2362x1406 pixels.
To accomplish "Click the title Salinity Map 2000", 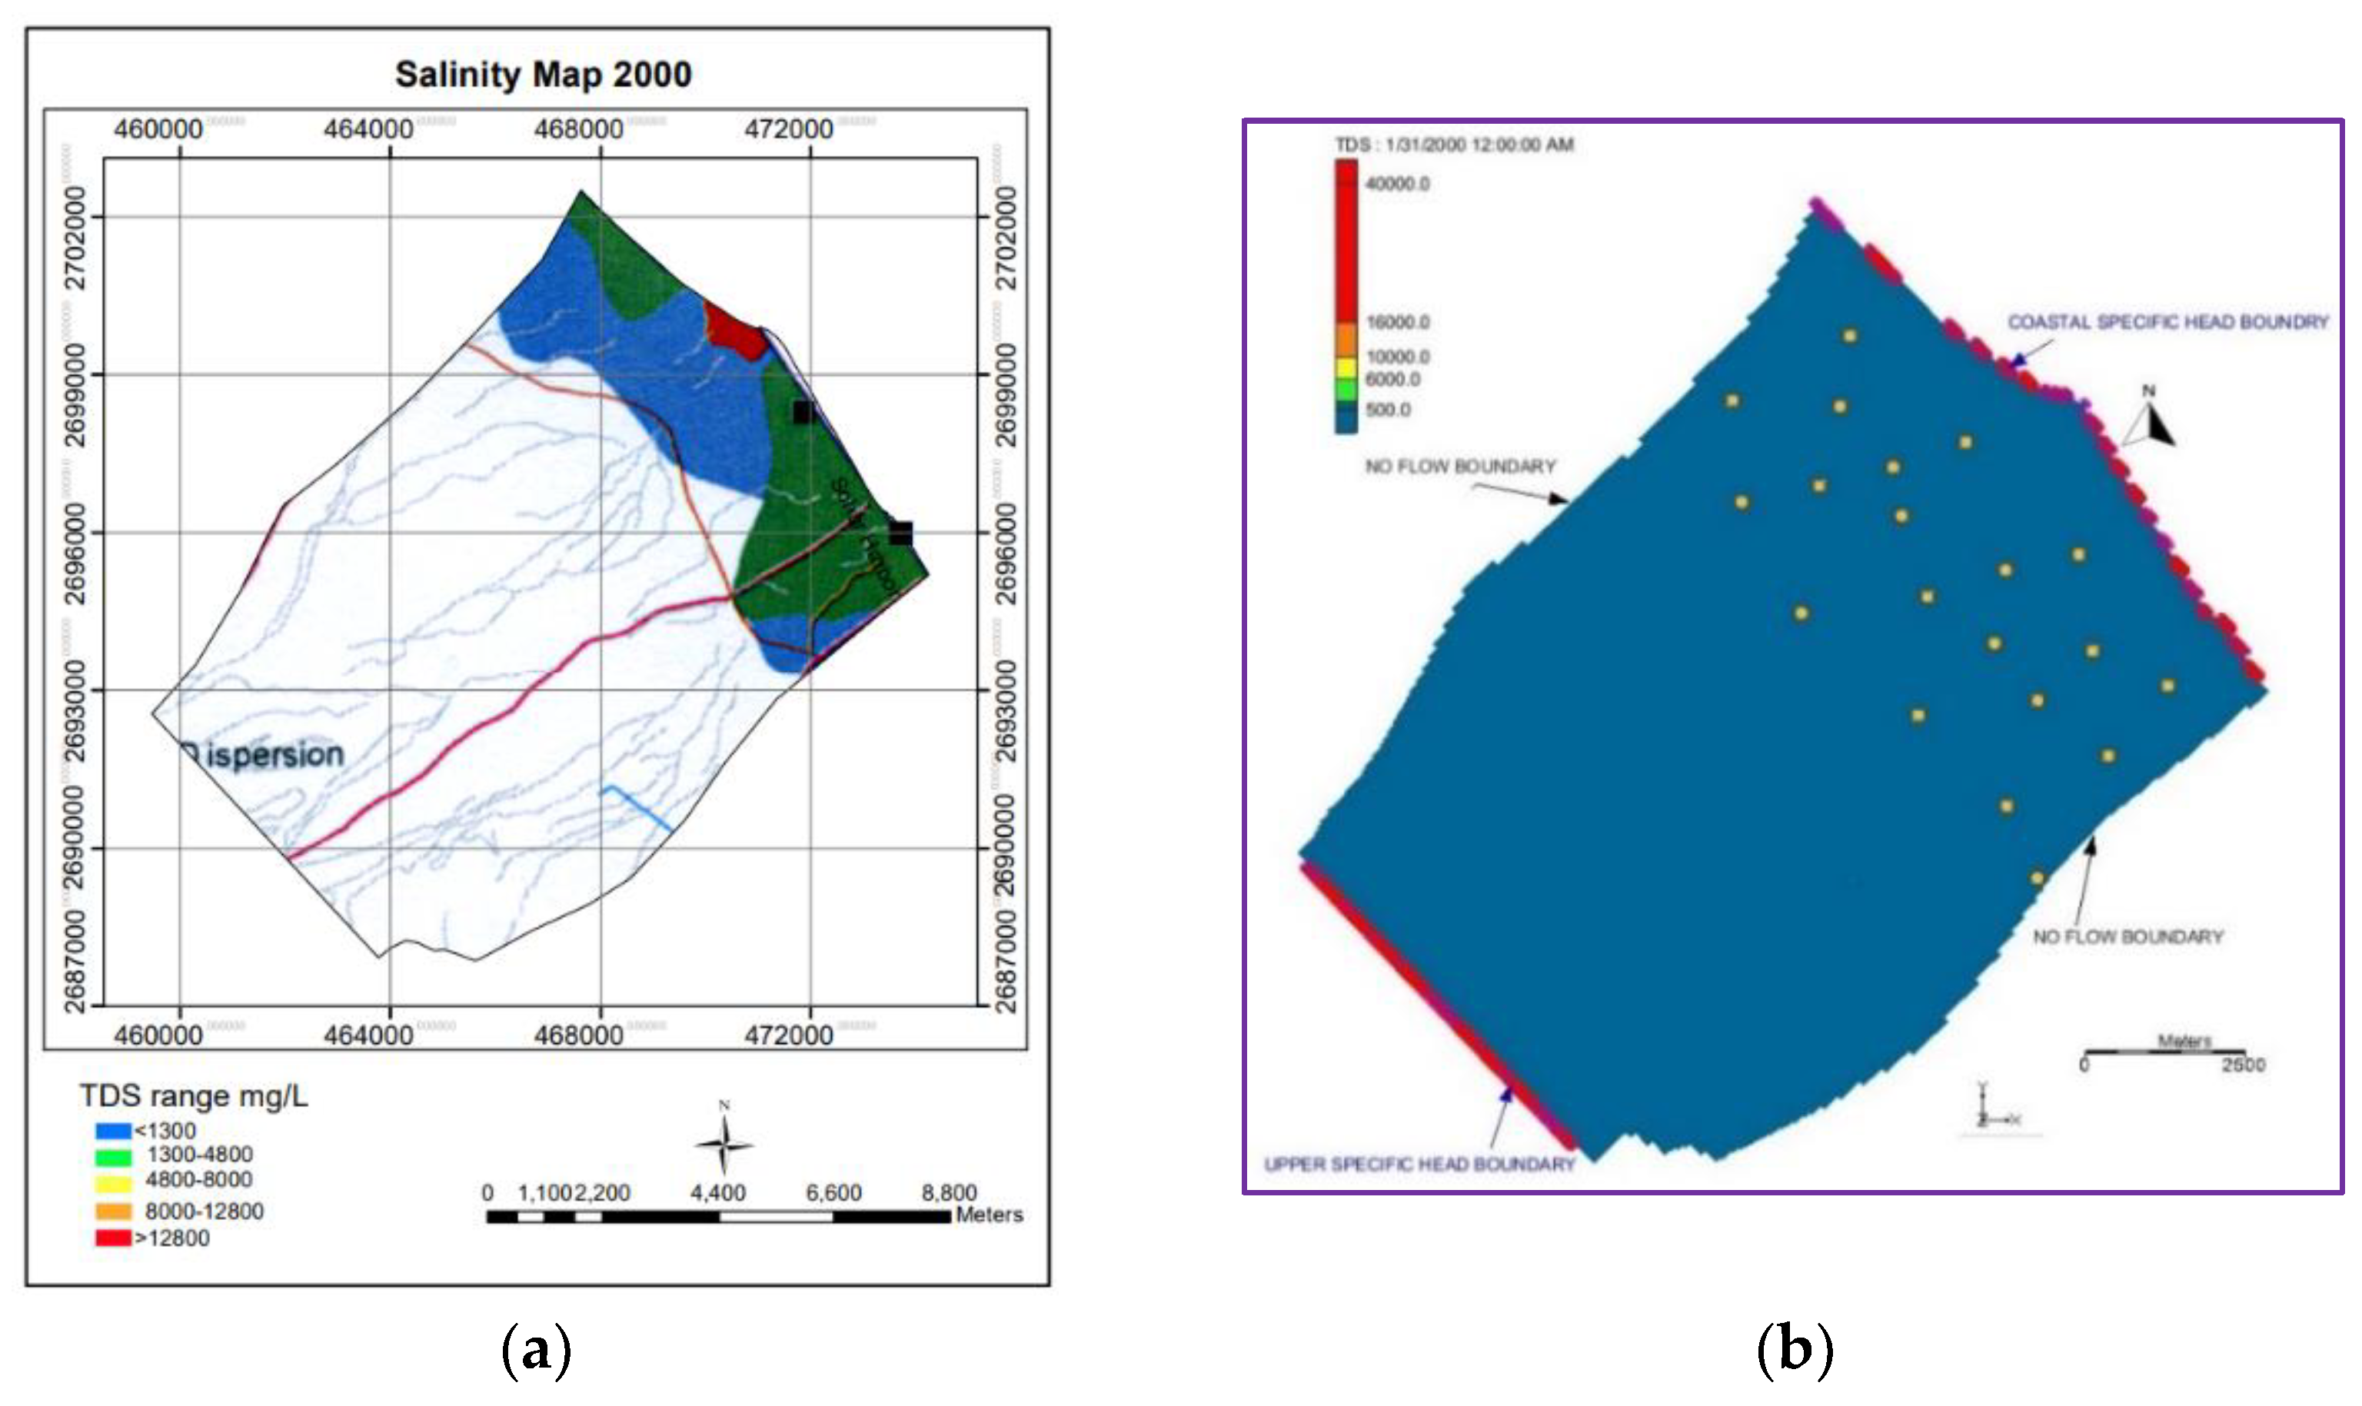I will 543,74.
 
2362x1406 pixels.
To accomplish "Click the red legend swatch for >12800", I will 113,1238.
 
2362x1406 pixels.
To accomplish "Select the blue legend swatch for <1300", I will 113,1130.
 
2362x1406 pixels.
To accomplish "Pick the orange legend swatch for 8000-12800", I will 113,1211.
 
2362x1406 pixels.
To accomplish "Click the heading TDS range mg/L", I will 193,1096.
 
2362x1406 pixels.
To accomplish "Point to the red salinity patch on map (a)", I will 735,329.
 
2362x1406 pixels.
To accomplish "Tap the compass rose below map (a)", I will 724,1144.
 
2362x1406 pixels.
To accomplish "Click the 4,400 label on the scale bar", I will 717,1193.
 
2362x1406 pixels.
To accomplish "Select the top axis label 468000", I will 578,129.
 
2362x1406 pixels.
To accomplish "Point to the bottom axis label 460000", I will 158,1035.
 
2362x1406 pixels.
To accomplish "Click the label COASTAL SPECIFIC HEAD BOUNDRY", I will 2167,322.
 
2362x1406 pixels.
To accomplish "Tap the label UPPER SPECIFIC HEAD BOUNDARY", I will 1419,1165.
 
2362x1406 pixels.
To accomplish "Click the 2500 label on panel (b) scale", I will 2244,1065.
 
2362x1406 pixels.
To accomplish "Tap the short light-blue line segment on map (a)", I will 637,807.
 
